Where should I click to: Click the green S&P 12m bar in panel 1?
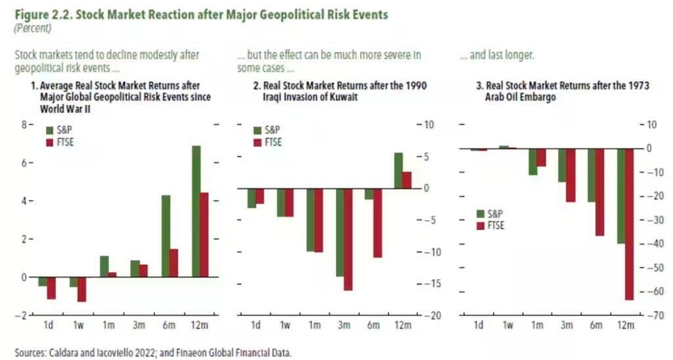[x=196, y=211]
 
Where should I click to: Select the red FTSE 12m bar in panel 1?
[x=204, y=235]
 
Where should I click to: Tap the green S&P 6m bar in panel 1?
[x=166, y=236]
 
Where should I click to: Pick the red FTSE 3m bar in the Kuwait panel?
[x=348, y=239]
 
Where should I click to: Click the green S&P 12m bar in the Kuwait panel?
[x=398, y=171]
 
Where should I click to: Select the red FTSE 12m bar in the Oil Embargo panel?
[x=629, y=224]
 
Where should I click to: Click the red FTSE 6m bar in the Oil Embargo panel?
[x=599, y=192]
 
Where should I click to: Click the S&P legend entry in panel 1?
[x=57, y=130]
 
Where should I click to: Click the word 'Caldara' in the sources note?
[x=66, y=352]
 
